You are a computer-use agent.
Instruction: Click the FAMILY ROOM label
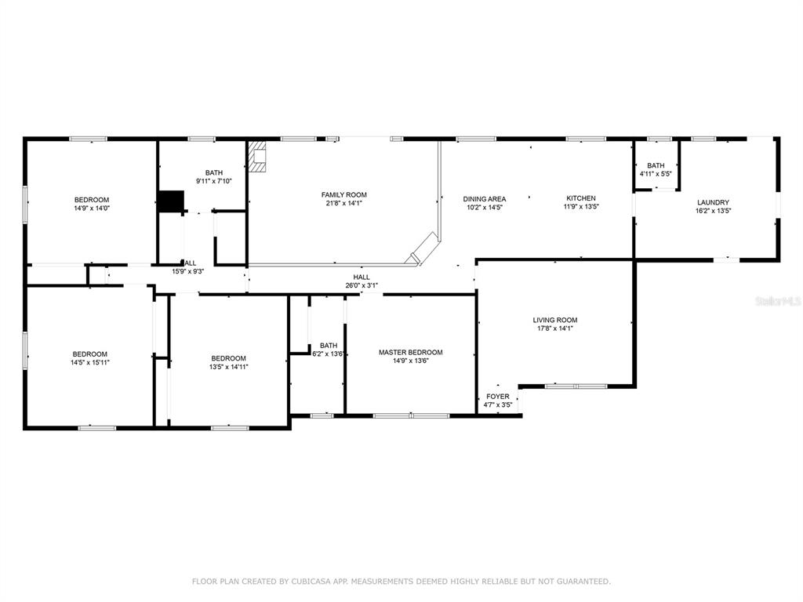(344, 194)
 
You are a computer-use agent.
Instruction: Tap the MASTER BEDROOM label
(411, 352)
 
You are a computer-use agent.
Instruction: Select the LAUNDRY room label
(713, 202)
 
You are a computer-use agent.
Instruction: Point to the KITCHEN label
(581, 198)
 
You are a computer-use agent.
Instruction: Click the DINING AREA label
(485, 198)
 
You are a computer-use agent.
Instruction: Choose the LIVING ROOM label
(555, 320)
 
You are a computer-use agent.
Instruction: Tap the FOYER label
(498, 396)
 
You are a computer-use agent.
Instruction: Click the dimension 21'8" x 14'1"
(344, 203)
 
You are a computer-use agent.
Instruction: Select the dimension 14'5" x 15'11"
(90, 362)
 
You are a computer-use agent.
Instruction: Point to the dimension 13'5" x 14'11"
(229, 367)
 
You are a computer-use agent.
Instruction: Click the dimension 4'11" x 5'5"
(656, 173)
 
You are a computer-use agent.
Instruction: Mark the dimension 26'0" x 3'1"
(362, 285)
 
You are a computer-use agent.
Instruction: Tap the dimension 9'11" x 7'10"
(214, 181)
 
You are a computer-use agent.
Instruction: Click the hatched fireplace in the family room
(257, 157)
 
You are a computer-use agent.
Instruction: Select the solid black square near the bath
(170, 201)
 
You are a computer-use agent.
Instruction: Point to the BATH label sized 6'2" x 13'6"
(329, 346)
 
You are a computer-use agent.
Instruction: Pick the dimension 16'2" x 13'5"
(713, 210)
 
